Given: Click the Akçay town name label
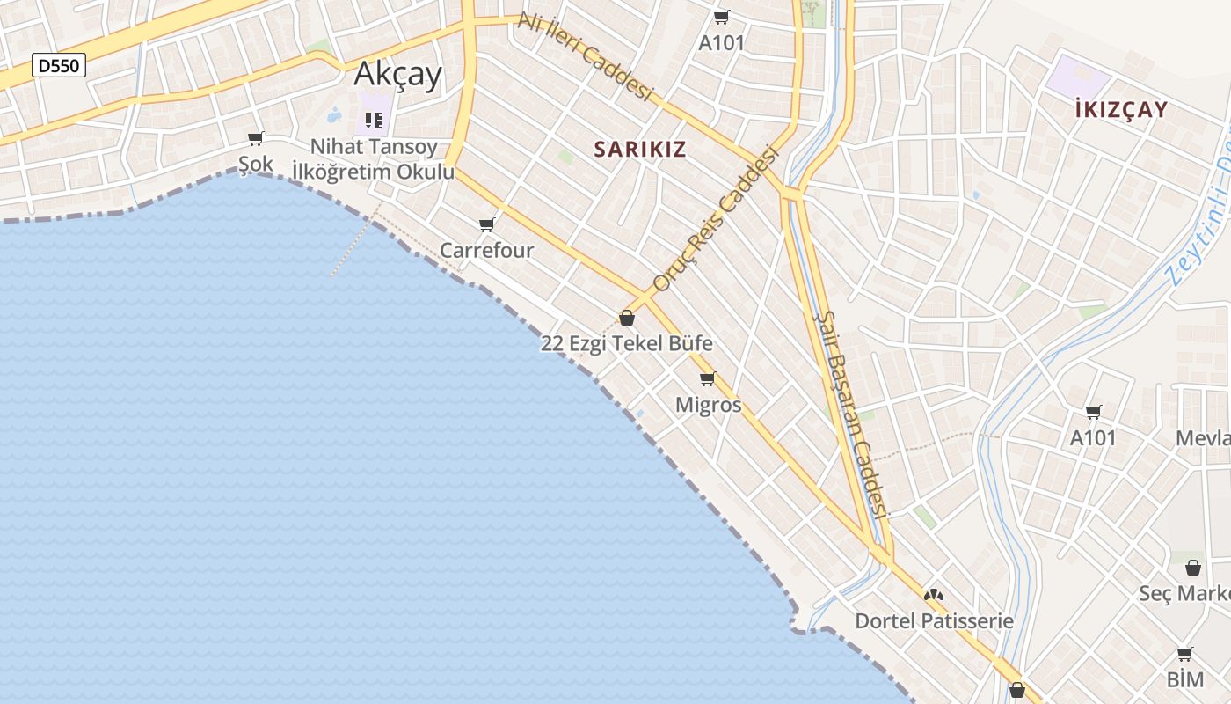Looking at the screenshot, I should pos(397,74).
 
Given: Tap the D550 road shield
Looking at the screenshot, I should pos(59,64).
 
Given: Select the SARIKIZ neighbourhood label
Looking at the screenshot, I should pos(639,149).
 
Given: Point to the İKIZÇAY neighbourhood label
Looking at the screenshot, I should pos(1121,110).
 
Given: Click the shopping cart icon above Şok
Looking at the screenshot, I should pos(256,138).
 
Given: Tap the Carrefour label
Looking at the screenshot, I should pos(486,251).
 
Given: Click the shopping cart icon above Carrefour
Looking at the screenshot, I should pos(487,224).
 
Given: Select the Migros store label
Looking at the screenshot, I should pos(708,405).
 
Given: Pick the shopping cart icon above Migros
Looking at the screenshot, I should pos(708,379).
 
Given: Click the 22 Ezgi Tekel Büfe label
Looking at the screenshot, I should pos(626,343).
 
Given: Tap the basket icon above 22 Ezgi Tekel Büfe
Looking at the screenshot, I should pos(627,318).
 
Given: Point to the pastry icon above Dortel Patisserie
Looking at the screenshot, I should pos(934,596).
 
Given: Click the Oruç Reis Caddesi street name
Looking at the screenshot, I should pos(717,217).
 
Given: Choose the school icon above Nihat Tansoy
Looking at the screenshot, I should pos(374,120).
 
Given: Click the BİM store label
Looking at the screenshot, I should pos(1184,679).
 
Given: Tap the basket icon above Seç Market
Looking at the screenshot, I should pos(1193,568).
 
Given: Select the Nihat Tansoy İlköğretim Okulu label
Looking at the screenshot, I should pos(373,159).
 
